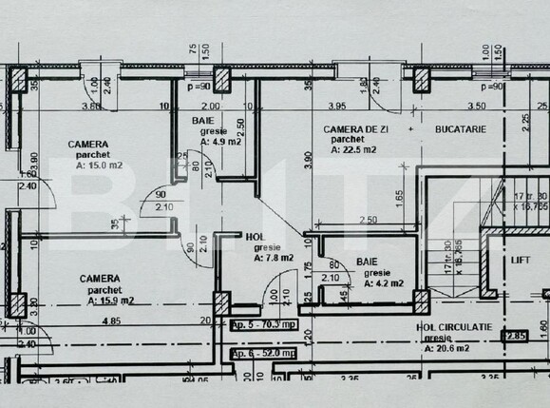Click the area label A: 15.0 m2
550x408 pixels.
(x=94, y=165)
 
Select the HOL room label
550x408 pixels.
(x=255, y=237)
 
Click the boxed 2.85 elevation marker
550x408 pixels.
(x=516, y=335)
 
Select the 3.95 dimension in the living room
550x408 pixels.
(x=335, y=106)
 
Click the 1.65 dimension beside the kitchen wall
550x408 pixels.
(x=401, y=199)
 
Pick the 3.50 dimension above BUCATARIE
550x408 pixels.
(x=477, y=106)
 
